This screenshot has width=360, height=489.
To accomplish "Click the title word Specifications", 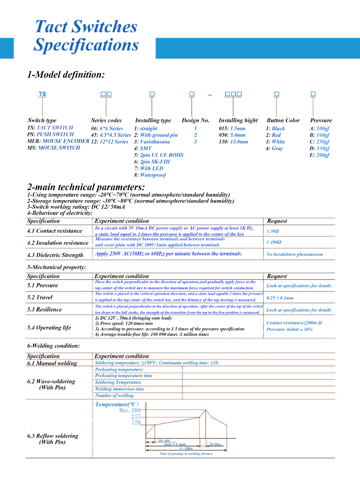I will click(86, 45).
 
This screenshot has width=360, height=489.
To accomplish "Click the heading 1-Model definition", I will click(66, 75).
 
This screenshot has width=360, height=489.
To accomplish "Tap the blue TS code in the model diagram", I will click(43, 94).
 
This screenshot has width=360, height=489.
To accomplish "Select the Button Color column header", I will click(283, 120).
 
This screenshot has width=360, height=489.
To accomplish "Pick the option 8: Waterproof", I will click(150, 175).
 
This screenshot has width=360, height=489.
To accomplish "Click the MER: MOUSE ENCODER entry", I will click(59, 142).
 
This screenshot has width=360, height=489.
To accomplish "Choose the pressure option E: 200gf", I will click(320, 155).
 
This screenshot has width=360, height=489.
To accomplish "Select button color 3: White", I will click(276, 142).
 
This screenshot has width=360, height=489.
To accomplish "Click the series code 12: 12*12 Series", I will click(110, 142).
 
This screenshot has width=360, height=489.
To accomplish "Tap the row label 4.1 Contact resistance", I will click(55, 231).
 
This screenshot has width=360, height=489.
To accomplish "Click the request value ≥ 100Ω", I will click(274, 242).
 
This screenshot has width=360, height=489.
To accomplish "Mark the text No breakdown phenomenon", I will click(295, 254).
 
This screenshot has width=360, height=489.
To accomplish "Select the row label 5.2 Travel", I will click(40, 298).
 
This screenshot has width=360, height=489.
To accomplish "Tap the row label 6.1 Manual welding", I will click(52, 363).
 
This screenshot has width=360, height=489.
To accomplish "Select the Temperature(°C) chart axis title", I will click(117, 404).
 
